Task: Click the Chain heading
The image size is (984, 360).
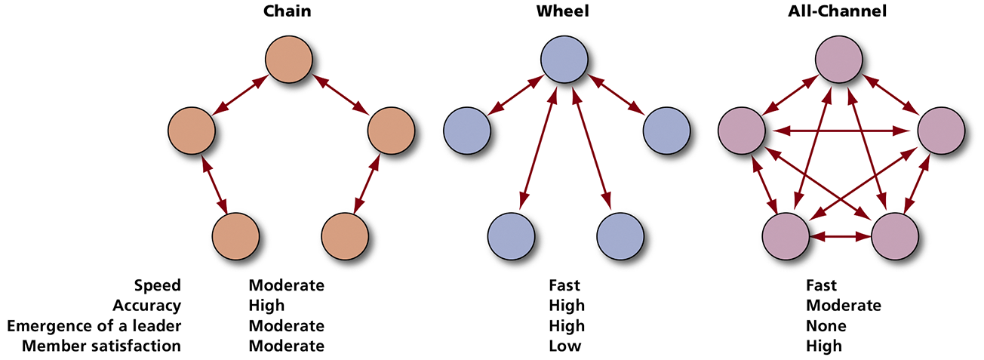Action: [x=287, y=12]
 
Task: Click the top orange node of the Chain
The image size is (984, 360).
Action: [x=288, y=58]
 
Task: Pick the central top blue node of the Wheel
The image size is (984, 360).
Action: [x=564, y=58]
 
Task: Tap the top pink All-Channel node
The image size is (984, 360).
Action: [x=840, y=58]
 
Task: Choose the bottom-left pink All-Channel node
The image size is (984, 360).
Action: [x=786, y=236]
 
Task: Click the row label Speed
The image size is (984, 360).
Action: [x=158, y=286]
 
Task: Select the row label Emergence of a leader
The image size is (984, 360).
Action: [x=94, y=326]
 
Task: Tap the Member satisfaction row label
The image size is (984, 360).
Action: [x=102, y=346]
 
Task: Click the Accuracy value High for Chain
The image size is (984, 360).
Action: [x=266, y=306]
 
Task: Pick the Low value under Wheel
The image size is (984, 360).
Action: [x=565, y=346]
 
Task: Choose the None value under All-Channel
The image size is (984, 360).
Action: [x=826, y=326]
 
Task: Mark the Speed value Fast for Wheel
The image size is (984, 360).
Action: [x=564, y=286]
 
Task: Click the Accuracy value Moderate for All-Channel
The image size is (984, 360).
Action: [x=843, y=306]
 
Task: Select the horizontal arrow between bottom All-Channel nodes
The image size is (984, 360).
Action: [x=840, y=236]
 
